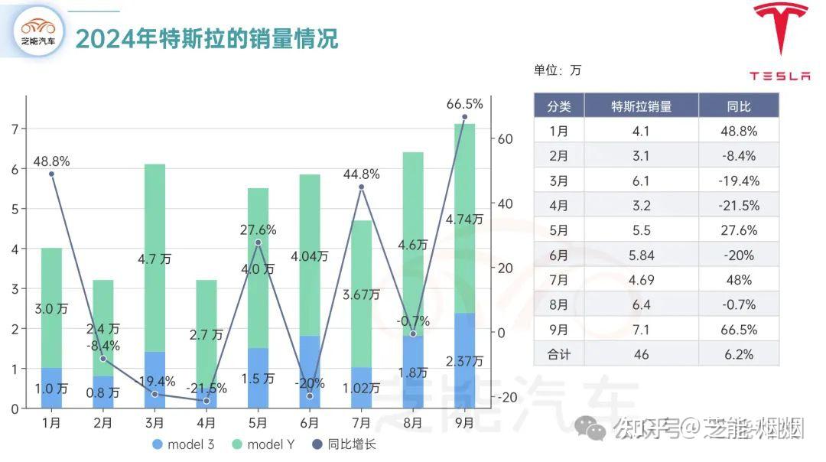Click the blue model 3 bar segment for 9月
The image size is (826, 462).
(x=464, y=360)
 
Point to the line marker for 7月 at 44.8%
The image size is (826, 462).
(x=361, y=187)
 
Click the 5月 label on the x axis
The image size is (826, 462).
(x=258, y=422)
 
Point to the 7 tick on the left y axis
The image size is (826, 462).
(x=14, y=129)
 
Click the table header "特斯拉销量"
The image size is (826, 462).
(x=641, y=106)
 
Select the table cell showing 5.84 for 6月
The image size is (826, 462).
(x=641, y=255)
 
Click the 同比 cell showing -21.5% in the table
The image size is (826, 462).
(x=739, y=206)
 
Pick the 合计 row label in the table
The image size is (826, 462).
(x=558, y=355)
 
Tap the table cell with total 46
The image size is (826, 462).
(x=641, y=355)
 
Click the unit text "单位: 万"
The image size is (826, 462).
(x=558, y=70)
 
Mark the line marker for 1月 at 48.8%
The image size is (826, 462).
(x=51, y=174)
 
